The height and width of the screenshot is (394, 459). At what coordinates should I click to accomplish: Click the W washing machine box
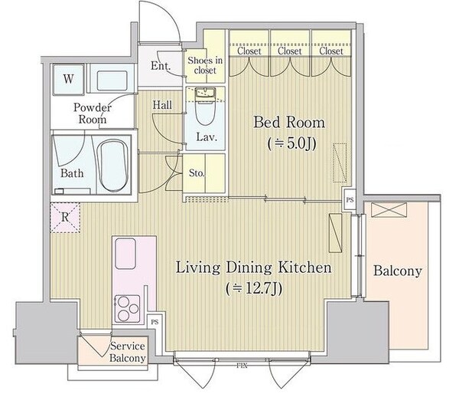[69, 79]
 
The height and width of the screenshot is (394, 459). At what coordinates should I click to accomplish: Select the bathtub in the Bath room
[112, 166]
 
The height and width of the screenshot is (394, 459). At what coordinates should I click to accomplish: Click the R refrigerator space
[65, 218]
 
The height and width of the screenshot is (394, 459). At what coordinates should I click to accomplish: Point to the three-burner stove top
[128, 309]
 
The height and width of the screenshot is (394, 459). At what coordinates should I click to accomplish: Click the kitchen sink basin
[125, 254]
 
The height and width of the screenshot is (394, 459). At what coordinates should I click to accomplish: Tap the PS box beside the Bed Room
[350, 200]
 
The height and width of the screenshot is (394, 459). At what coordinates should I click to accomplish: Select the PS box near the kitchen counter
[155, 322]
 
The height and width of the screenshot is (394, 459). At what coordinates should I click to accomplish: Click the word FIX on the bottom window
[243, 366]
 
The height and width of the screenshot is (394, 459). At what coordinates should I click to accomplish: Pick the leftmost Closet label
[249, 51]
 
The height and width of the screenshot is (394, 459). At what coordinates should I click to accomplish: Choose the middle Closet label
[290, 51]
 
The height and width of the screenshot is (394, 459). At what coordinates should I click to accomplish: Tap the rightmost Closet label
[331, 51]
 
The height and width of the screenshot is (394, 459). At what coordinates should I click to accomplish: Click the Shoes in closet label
[205, 65]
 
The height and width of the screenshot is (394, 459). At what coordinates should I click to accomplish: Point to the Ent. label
[161, 65]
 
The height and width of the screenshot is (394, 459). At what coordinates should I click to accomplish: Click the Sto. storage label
[196, 173]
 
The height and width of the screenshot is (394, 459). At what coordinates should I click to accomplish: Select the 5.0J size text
[292, 144]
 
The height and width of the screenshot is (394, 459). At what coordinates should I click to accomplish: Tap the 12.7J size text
[254, 289]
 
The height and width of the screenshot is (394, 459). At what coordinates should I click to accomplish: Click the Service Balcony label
[127, 352]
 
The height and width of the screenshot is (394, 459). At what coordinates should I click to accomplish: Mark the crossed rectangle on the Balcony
[389, 210]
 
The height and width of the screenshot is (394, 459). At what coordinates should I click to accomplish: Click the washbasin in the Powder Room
[112, 80]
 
